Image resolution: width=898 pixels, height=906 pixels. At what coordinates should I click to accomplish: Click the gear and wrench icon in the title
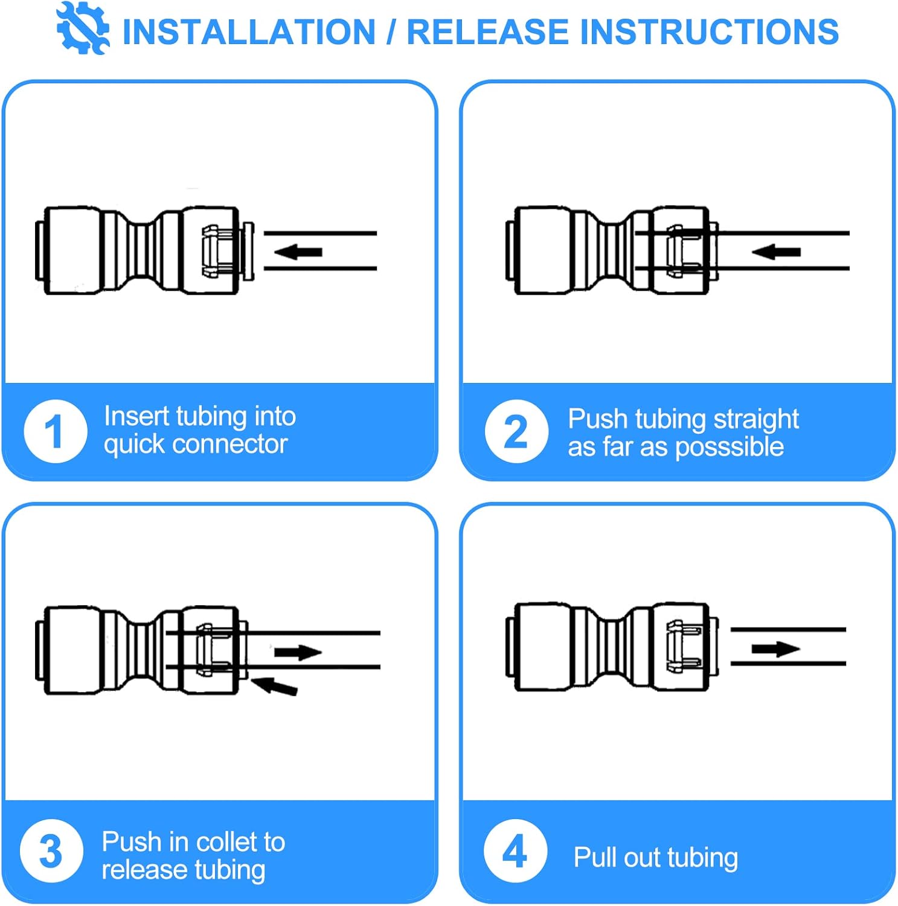[x=83, y=28]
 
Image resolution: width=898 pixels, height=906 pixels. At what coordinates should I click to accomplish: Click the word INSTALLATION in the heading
[x=249, y=32]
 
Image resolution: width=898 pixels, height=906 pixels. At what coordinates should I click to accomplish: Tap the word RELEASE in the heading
[x=487, y=32]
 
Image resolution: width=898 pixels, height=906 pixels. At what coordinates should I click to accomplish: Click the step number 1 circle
[x=55, y=431]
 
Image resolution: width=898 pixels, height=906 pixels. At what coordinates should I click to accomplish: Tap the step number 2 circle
[x=516, y=431]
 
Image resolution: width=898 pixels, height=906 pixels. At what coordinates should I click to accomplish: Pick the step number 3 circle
[x=51, y=850]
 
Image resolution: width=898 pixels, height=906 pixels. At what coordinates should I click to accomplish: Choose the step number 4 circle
[x=515, y=850]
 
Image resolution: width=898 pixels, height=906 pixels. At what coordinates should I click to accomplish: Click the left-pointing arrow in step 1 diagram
[x=298, y=251]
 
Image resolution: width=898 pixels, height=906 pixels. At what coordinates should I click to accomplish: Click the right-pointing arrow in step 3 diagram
[x=298, y=652]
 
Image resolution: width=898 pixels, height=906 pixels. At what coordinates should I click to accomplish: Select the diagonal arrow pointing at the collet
[x=275, y=686]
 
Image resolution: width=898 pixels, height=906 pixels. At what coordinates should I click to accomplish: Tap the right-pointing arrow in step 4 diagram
[x=775, y=649]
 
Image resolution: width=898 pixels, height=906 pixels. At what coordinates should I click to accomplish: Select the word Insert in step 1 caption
[x=136, y=416]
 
